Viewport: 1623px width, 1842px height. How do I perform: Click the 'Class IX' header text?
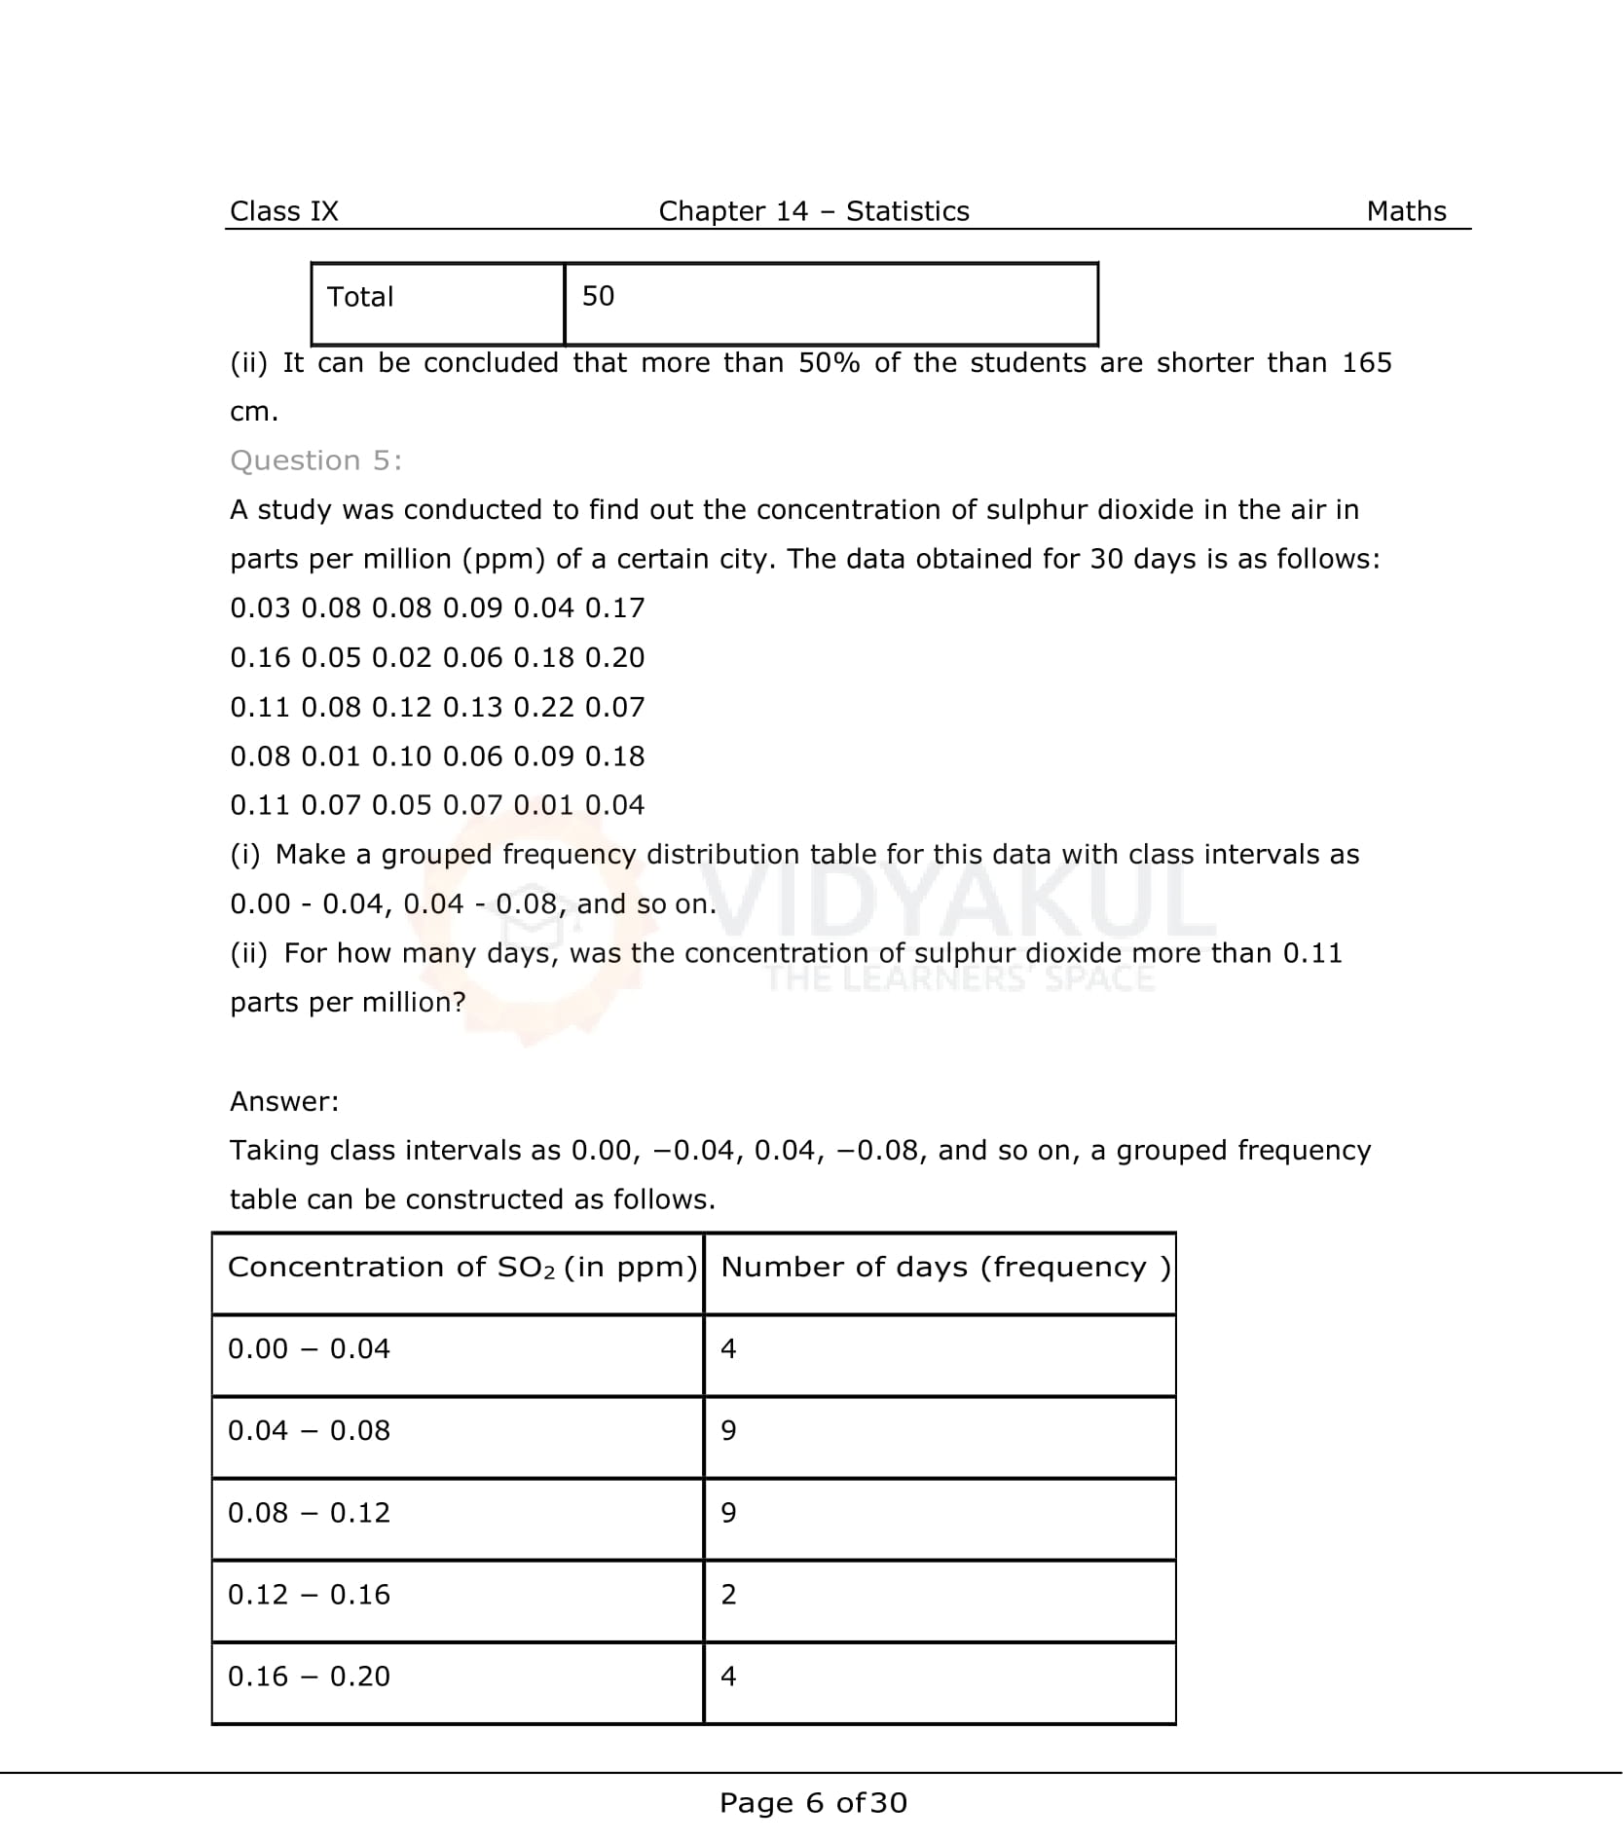click(x=283, y=211)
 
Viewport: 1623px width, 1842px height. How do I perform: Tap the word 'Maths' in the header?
click(x=1405, y=211)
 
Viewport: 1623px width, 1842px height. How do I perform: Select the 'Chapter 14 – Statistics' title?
click(x=813, y=211)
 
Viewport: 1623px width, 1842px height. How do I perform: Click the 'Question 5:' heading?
click(x=315, y=460)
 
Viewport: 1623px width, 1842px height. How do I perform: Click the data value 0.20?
click(x=614, y=658)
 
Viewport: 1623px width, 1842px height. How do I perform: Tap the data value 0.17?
click(x=614, y=608)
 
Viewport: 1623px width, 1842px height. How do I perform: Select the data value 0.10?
click(x=401, y=756)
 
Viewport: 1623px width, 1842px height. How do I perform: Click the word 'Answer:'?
click(x=284, y=1101)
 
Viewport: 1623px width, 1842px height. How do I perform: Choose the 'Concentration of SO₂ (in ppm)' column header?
click(x=461, y=1267)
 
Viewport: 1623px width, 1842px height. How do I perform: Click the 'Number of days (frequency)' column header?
click(x=944, y=1267)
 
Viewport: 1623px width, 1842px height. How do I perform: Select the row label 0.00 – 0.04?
click(x=309, y=1348)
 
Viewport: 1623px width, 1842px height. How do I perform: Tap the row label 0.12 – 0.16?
click(x=309, y=1594)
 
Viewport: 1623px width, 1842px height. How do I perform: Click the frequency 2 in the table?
click(x=728, y=1594)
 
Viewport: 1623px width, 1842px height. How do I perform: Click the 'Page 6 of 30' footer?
click(x=813, y=1803)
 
